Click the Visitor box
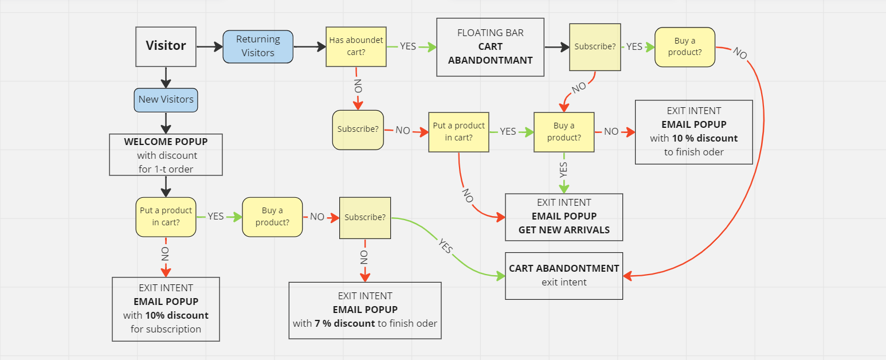coord(166,46)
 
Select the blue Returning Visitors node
coord(258,46)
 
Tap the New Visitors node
coord(166,99)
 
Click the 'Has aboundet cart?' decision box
coord(356,46)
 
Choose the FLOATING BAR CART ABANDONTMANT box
coord(490,46)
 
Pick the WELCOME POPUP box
coord(166,155)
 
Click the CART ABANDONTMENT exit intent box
coord(564,275)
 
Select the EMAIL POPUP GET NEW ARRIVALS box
coord(564,217)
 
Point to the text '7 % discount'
coord(344,323)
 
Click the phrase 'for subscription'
coord(166,329)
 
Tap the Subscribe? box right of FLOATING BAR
coord(595,46)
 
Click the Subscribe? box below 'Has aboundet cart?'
coord(358,129)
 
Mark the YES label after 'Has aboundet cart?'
coord(408,46)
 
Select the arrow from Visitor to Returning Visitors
coord(210,46)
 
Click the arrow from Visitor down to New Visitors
coord(166,77)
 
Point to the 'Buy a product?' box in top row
coord(685,46)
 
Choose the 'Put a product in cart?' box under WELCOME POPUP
coord(166,217)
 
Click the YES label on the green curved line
coord(445,246)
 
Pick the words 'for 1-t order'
coord(166,169)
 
